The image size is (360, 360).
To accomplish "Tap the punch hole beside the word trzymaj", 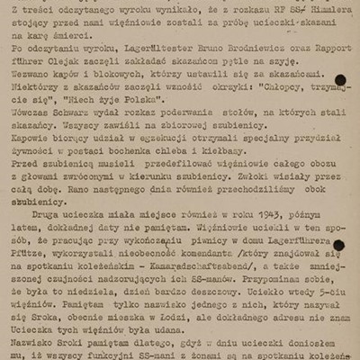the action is [x=339, y=80].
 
